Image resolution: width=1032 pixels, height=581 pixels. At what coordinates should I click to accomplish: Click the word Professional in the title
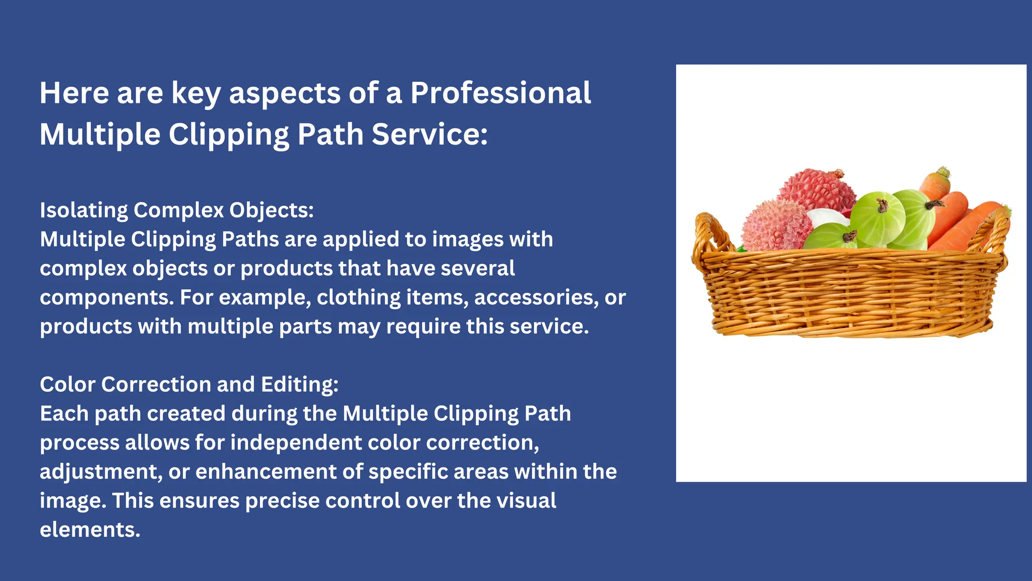[500, 93]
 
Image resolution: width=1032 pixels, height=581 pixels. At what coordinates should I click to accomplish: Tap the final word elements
[90, 530]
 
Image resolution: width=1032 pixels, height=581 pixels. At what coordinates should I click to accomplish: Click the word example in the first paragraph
[265, 298]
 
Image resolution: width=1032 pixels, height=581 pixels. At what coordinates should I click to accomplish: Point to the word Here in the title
[74, 93]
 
